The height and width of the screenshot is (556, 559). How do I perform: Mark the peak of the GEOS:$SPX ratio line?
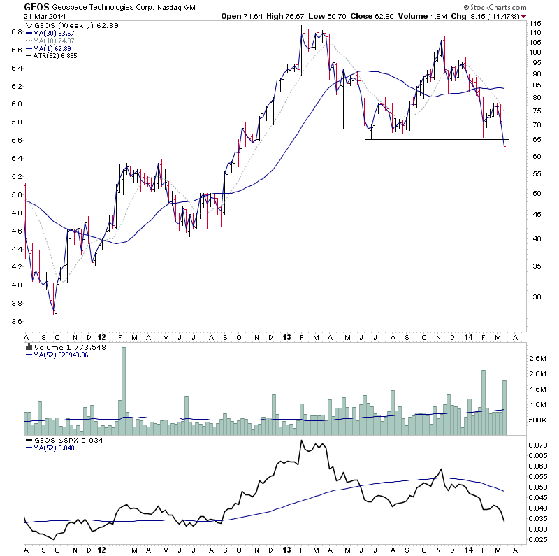[x=301, y=441]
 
